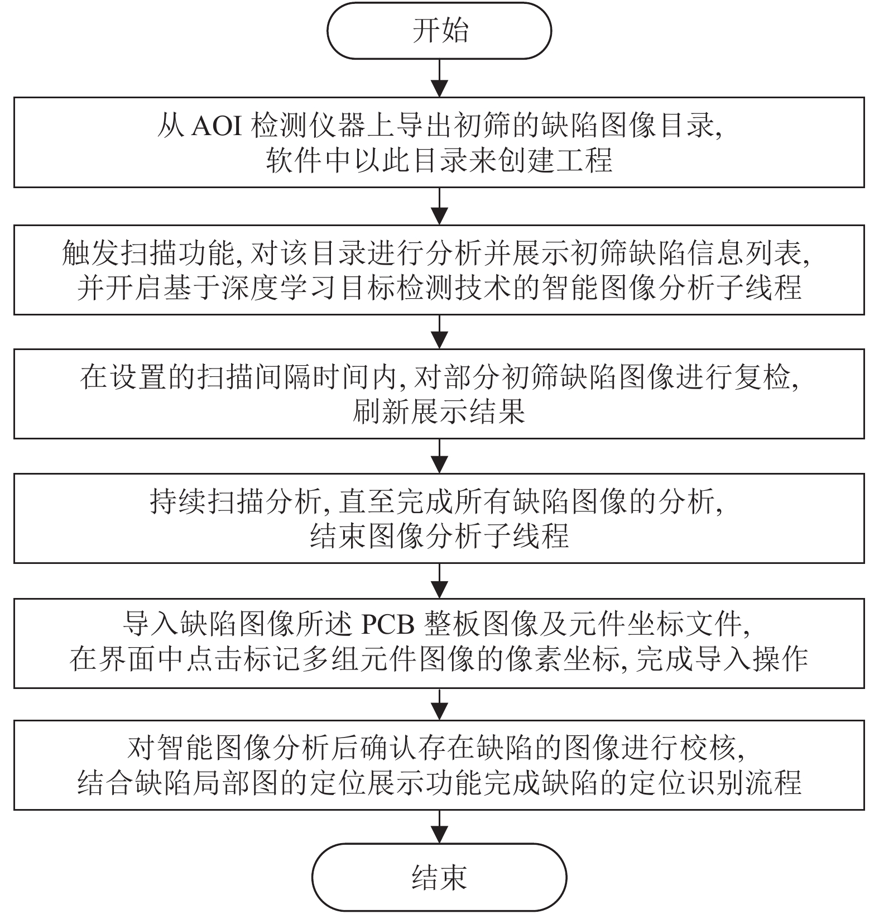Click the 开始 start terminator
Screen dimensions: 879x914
tap(439, 31)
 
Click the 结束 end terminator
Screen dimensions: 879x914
tap(439, 877)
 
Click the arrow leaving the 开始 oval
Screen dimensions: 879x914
tap(440, 78)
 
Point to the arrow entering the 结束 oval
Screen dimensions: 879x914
tap(440, 827)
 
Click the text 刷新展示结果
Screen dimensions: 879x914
tap(439, 412)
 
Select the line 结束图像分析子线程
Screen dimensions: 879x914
tap(439, 536)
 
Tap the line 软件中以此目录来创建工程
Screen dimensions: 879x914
tap(439, 160)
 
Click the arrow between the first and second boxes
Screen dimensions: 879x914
tap(440, 207)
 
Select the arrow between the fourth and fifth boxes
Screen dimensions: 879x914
tap(440, 581)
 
